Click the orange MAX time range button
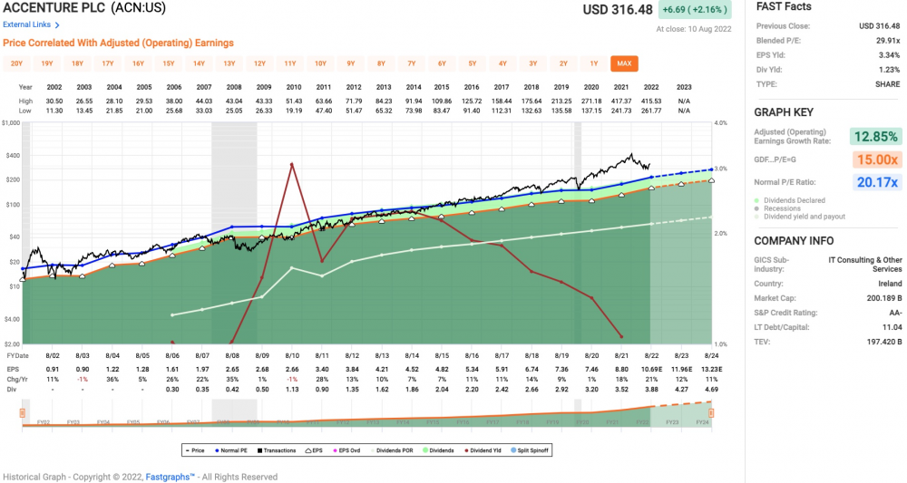(624, 63)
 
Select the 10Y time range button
(320, 63)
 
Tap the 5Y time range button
(472, 63)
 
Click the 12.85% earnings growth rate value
(875, 137)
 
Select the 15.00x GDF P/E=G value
(875, 159)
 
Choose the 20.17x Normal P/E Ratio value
(875, 182)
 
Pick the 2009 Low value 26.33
(264, 111)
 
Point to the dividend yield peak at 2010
(292, 164)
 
